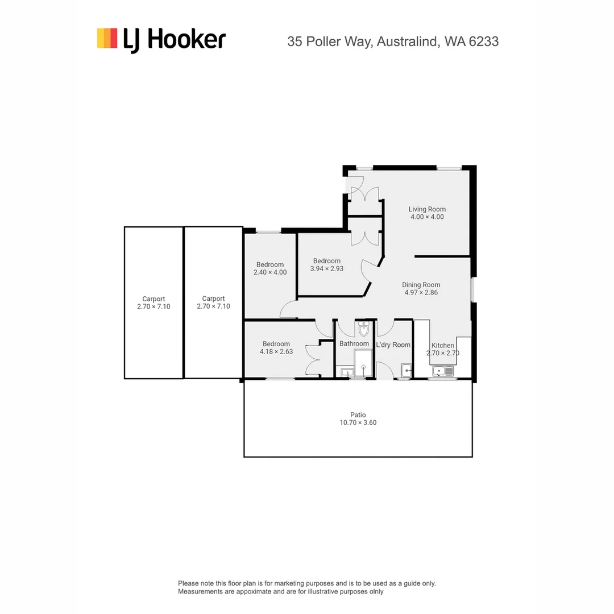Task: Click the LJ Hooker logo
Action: (x=161, y=40)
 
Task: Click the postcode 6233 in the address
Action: (x=484, y=42)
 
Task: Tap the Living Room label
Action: (x=427, y=209)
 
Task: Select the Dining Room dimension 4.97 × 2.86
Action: (x=421, y=293)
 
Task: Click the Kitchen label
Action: (x=442, y=345)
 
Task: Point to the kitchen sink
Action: (x=443, y=371)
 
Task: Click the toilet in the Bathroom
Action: (x=364, y=329)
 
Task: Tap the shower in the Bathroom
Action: (x=363, y=363)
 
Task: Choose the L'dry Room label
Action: (x=393, y=345)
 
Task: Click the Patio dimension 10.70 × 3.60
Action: (x=358, y=422)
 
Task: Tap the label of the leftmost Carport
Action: (x=153, y=298)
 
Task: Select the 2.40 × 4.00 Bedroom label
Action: (x=270, y=264)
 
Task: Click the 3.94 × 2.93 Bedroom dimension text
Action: (x=326, y=268)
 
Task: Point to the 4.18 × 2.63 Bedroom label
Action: (x=276, y=344)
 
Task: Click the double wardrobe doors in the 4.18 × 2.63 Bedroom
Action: (x=313, y=360)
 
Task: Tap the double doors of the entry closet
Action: (x=364, y=194)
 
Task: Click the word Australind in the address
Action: (x=405, y=42)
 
